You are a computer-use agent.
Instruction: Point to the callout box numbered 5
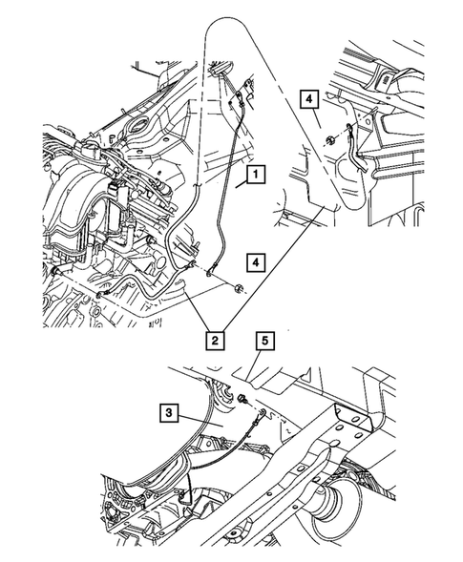[x=264, y=337]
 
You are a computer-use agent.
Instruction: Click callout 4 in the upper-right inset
[x=308, y=95]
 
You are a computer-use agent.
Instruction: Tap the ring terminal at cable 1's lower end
[x=209, y=276]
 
